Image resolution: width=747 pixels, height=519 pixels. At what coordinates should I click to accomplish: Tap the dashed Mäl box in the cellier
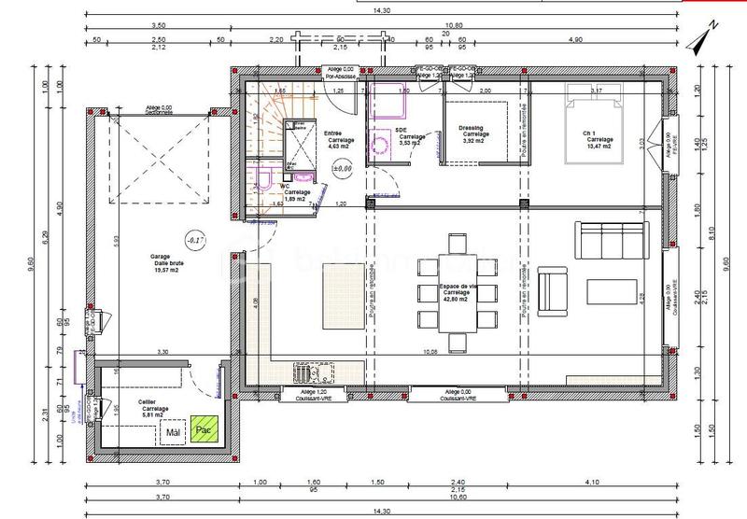click(172, 432)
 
